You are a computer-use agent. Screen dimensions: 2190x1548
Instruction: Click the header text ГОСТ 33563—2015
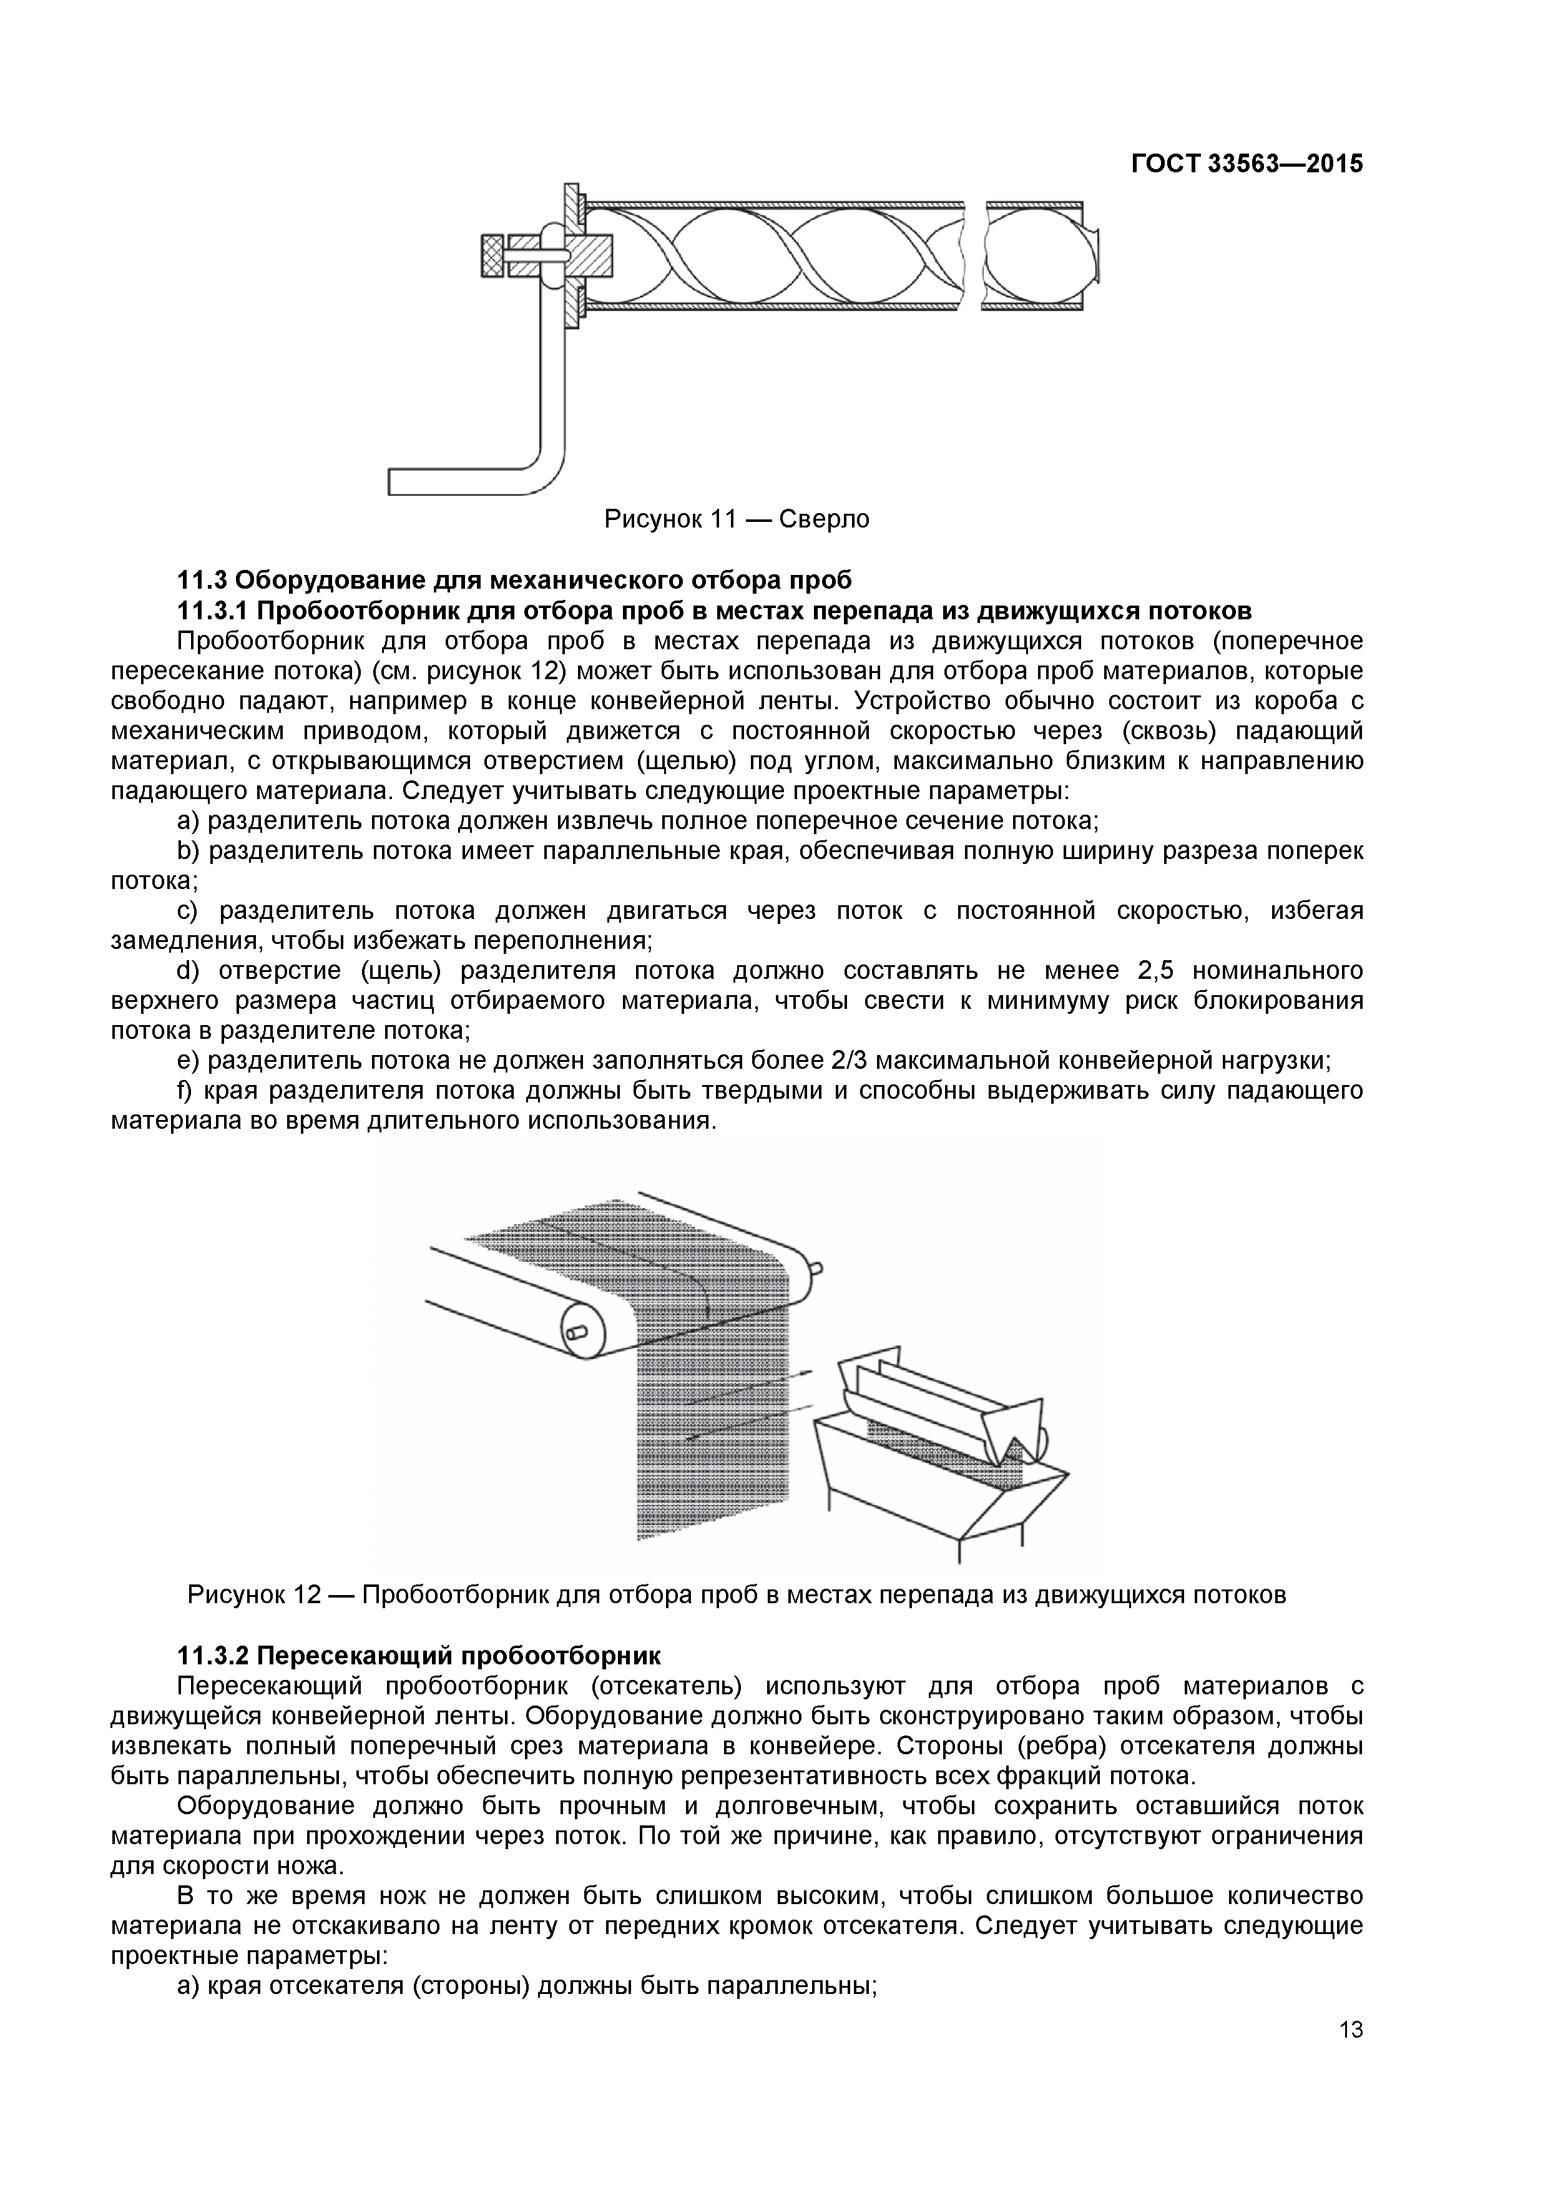click(1247, 164)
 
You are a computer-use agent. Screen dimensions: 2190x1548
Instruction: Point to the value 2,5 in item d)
click(1155, 971)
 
